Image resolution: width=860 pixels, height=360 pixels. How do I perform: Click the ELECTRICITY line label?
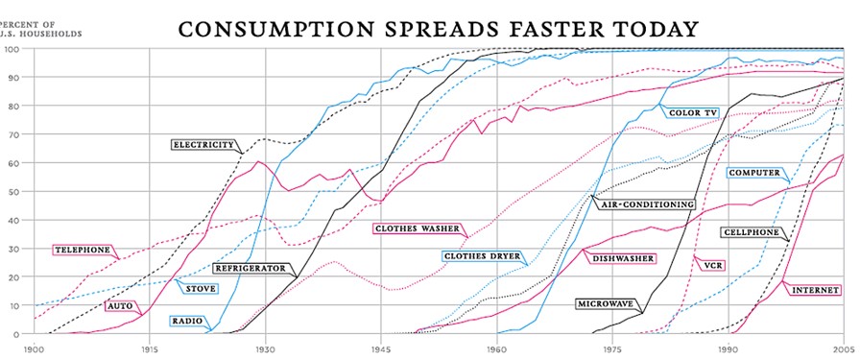click(203, 145)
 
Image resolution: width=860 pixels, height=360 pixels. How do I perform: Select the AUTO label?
click(120, 305)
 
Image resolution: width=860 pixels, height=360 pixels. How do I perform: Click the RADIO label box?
click(187, 321)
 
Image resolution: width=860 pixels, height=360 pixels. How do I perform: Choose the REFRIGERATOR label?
click(250, 269)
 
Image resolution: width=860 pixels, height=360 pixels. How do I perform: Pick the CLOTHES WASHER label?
click(417, 228)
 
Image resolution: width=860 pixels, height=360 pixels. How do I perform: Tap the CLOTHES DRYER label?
click(482, 256)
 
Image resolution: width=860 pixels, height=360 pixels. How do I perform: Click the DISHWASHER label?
click(623, 258)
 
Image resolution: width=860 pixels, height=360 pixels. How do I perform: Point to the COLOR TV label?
click(692, 112)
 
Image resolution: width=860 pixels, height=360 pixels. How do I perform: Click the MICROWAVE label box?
click(606, 303)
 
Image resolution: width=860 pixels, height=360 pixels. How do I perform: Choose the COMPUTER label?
click(755, 173)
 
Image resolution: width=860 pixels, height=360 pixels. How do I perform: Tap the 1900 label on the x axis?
click(36, 350)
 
